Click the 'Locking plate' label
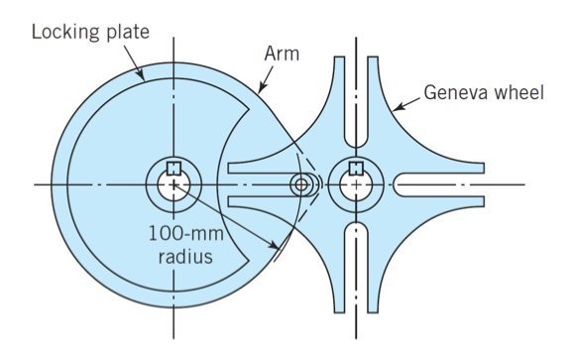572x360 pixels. pyautogui.click(x=90, y=31)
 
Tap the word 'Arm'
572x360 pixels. pyautogui.click(x=281, y=53)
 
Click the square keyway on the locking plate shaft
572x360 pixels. pyautogui.click(x=173, y=169)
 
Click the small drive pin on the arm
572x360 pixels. pyautogui.click(x=301, y=184)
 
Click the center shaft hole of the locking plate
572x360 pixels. pyautogui.click(x=173, y=186)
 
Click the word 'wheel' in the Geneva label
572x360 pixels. pyautogui.click(x=517, y=94)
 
